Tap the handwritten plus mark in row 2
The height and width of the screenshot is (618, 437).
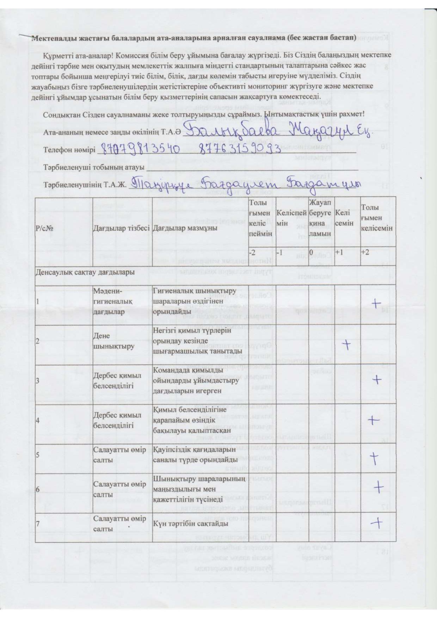pyautogui.click(x=347, y=344)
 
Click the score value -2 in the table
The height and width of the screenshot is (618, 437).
pyautogui.click(x=252, y=252)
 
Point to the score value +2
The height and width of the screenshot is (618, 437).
pyautogui.click(x=365, y=252)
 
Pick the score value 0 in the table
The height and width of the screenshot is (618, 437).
pyautogui.click(x=311, y=252)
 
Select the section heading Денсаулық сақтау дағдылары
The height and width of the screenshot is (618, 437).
pyautogui.click(x=85, y=272)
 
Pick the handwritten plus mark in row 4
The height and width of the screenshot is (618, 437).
pyautogui.click(x=374, y=420)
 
